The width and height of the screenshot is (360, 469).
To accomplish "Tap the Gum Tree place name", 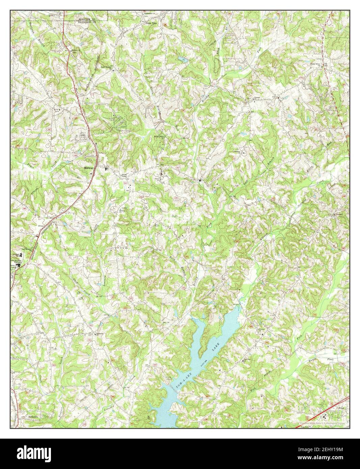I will [x=152, y=24].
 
